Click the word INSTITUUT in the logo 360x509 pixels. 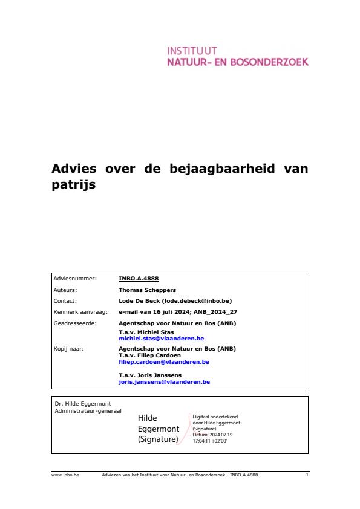192,51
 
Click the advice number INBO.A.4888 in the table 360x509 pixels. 139,279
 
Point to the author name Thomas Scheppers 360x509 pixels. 148,290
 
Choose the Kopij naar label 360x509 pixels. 69,348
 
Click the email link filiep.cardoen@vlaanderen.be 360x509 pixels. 164,361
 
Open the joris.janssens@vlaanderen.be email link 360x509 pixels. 164,382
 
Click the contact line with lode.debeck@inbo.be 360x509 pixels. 175,300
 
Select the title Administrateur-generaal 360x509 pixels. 88,411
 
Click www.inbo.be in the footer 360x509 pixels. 61,475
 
